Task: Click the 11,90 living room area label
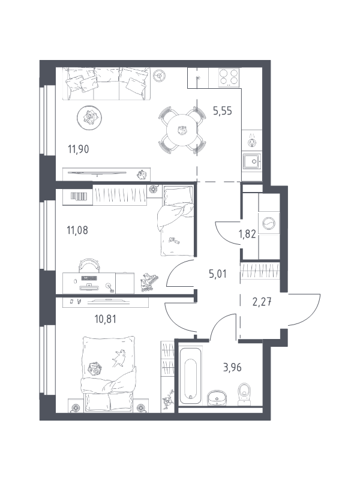(79, 149)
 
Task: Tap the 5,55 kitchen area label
(223, 111)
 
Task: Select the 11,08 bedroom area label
(77, 230)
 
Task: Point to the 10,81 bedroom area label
(106, 319)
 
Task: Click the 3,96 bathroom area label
(232, 367)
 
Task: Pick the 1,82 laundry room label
(247, 234)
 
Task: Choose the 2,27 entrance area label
(262, 302)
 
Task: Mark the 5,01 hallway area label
(218, 274)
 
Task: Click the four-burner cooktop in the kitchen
(229, 77)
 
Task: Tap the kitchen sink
(252, 161)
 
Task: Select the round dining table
(182, 130)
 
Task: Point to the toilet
(244, 394)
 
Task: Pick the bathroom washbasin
(217, 398)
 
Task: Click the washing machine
(269, 223)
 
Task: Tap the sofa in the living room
(106, 83)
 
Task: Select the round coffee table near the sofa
(89, 118)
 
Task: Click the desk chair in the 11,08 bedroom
(89, 265)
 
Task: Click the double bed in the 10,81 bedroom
(108, 374)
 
